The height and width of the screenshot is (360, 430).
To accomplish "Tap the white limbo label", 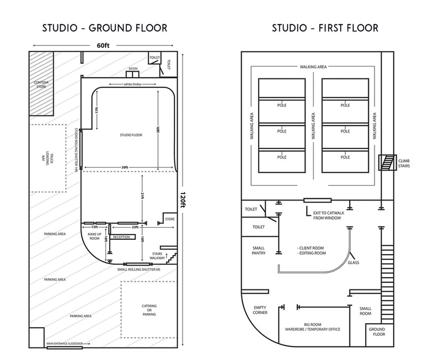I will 129,85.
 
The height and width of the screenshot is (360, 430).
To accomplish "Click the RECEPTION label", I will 122,237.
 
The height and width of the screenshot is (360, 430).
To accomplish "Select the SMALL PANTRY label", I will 259,251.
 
